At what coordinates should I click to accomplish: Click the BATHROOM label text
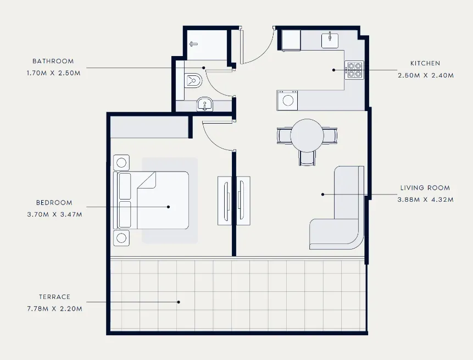pos(53,61)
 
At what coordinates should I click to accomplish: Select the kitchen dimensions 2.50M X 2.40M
pos(426,75)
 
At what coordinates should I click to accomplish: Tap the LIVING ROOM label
pos(425,188)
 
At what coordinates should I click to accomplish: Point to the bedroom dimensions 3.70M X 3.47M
pos(54,214)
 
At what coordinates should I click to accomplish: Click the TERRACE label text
pos(54,297)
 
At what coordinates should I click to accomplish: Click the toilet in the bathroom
pos(193,80)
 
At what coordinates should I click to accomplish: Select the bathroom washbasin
pos(205,104)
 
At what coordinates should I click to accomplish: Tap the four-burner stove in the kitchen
pos(354,70)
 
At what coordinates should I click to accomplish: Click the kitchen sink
pos(330,41)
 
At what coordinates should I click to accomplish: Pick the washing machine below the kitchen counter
pos(287,101)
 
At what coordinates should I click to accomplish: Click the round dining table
pos(307,136)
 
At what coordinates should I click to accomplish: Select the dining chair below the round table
pos(307,158)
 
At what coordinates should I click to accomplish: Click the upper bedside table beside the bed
pos(121,163)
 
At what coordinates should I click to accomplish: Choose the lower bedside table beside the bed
pos(121,238)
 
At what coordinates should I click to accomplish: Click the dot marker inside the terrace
pos(179,302)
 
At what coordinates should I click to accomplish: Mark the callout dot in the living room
pos(323,195)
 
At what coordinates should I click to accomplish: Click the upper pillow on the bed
pos(125,186)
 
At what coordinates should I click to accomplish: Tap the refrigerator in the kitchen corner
pos(291,40)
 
